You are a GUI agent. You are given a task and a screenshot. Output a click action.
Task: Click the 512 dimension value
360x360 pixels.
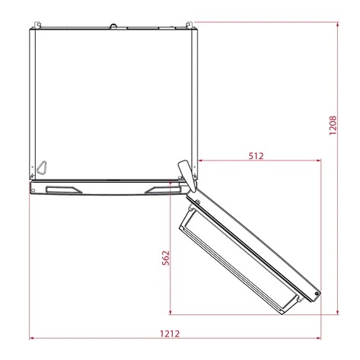tap(255, 155)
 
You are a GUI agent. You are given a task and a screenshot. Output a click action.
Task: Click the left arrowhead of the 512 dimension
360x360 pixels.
tap(200, 161)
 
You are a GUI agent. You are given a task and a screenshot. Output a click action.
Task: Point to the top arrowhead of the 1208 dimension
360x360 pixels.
tap(338, 23)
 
